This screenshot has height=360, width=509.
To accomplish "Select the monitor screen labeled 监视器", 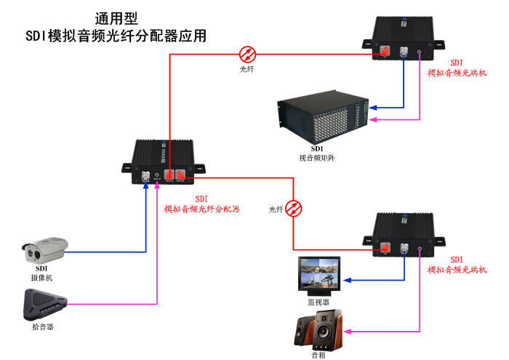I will tap(318, 275).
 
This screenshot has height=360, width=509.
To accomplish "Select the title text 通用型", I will tap(116, 18).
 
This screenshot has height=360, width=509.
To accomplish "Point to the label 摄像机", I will tap(41, 278).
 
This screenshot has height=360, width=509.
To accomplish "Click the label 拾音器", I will tap(43, 327).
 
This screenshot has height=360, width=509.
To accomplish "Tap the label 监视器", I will tap(318, 301).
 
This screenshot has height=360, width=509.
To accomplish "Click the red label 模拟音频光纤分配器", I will tap(202, 209).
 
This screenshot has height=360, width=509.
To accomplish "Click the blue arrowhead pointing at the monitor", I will tap(346, 280).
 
